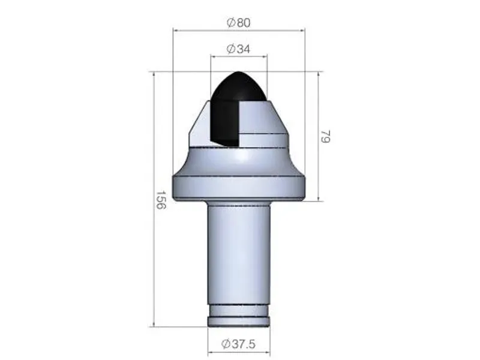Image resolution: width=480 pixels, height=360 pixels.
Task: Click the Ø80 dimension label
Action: click(x=238, y=22)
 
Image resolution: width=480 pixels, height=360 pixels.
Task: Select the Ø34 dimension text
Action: click(x=238, y=49)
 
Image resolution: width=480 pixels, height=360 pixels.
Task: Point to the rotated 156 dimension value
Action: click(x=160, y=200)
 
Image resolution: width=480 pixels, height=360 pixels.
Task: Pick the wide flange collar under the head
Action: click(x=238, y=187)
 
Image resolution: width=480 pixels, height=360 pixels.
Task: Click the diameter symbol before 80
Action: click(x=230, y=22)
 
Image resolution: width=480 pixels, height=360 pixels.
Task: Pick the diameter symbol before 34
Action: click(x=230, y=49)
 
